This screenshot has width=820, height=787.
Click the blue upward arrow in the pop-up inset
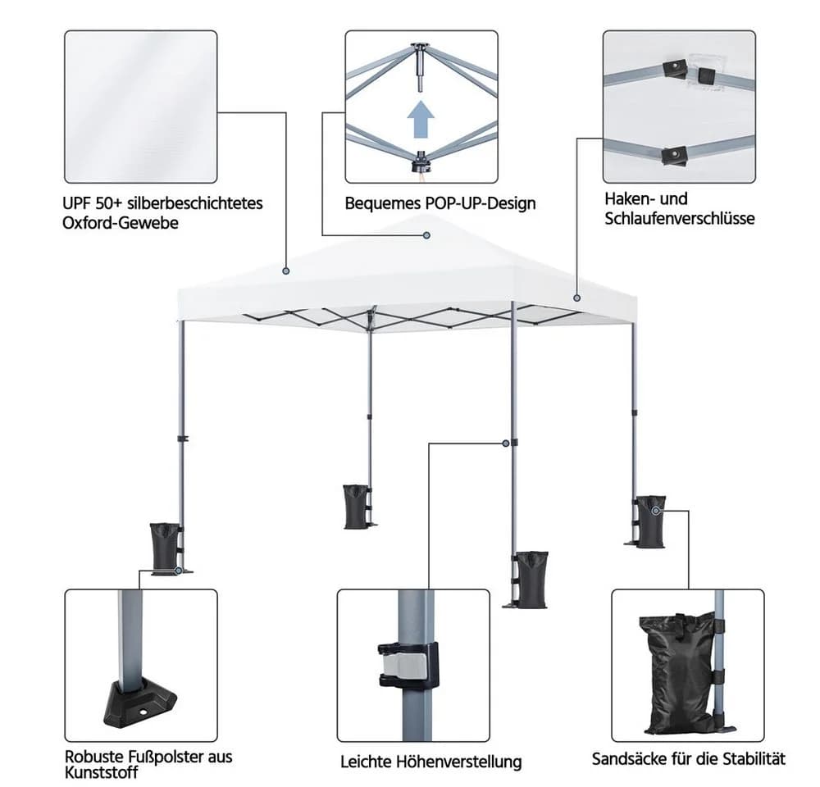[x=421, y=119]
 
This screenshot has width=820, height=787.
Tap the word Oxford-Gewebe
[x=121, y=223]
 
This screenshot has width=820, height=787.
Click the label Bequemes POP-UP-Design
[x=440, y=202]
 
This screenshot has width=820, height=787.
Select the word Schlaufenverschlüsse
[x=679, y=218]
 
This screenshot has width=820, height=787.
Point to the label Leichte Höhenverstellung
[x=431, y=762]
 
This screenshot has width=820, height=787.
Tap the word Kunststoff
[x=102, y=772]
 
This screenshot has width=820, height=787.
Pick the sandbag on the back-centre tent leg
[x=356, y=506]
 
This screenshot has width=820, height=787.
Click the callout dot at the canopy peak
[x=426, y=235]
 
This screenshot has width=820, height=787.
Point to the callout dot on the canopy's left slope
[x=285, y=271]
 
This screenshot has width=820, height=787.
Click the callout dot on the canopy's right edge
[x=576, y=298]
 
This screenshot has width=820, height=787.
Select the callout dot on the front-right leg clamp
[x=506, y=444]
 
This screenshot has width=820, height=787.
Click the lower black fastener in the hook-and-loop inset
[x=674, y=155]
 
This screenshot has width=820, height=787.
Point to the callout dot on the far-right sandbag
[x=656, y=511]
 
